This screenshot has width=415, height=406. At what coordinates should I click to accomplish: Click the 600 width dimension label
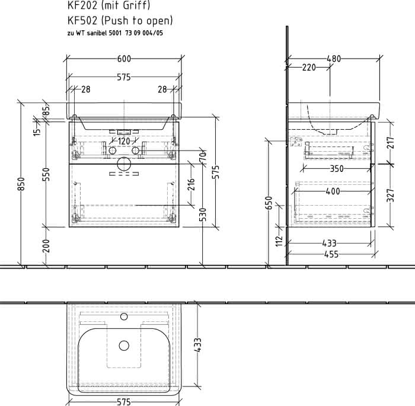point(124,59)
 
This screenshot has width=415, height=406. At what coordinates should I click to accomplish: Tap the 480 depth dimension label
point(334,59)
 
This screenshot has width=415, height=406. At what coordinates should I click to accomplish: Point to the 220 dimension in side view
point(309,68)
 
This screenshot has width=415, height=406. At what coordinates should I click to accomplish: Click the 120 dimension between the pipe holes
point(123,141)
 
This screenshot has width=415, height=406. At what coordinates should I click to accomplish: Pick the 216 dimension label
point(191,184)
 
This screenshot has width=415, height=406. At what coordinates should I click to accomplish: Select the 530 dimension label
point(203,215)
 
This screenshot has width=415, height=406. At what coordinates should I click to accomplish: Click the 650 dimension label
point(269,203)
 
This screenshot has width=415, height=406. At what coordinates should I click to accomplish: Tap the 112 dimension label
point(279,240)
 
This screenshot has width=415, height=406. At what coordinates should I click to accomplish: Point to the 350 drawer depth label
point(337,168)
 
